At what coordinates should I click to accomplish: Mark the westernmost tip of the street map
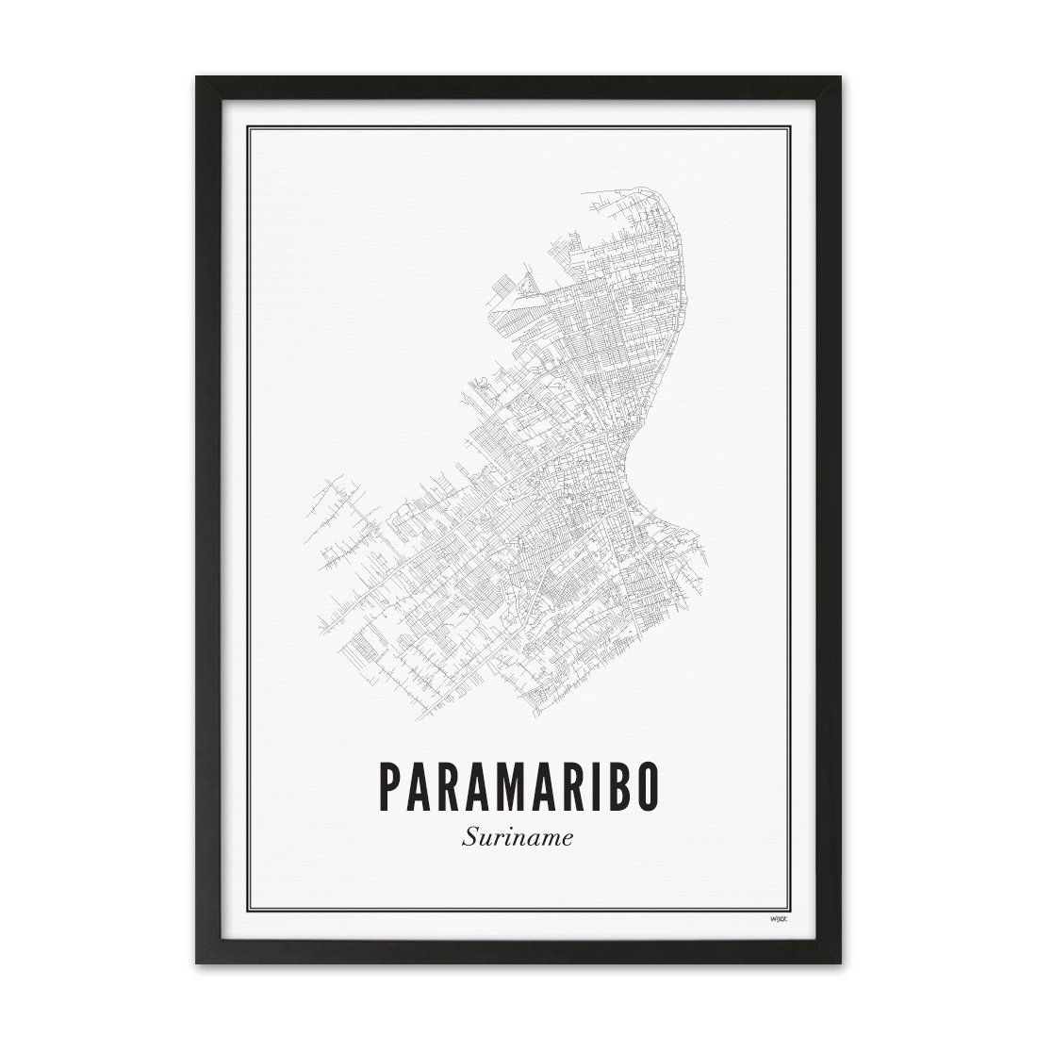(x=305, y=514)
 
